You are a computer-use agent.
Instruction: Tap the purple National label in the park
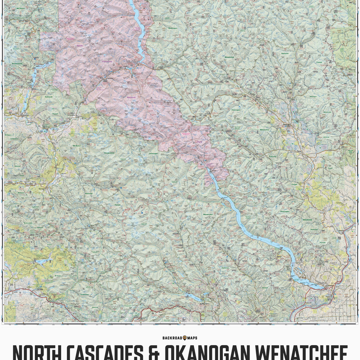tap(131, 97)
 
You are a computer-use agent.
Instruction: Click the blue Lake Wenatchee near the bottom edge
tap(192, 297)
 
